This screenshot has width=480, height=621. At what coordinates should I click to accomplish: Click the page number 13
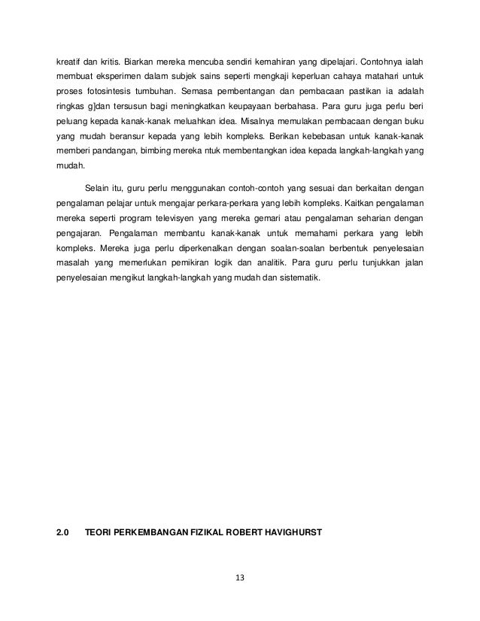point(241,579)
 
